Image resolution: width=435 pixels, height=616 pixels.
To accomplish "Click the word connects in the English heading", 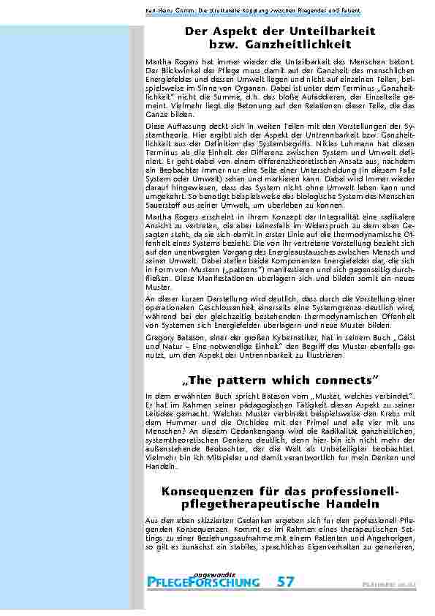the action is (347, 380).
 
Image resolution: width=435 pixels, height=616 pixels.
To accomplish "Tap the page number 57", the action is (286, 582).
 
